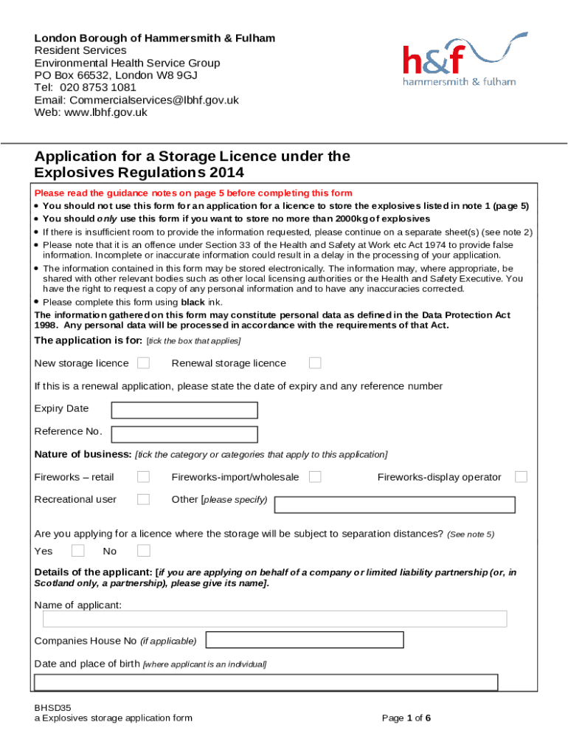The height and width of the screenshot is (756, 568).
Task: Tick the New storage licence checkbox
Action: [144, 362]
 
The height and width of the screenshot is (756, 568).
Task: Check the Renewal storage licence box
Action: [315, 362]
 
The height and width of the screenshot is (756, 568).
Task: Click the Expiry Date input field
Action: [184, 410]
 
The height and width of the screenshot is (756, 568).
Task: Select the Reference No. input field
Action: [184, 434]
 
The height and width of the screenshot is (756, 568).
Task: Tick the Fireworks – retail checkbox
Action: [144, 477]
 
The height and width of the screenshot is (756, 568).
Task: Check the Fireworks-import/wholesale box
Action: [315, 477]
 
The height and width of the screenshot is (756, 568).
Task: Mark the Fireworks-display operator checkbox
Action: [521, 477]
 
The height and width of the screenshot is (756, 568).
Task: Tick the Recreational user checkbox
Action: [144, 499]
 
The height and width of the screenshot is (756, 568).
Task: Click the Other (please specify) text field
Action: [395, 505]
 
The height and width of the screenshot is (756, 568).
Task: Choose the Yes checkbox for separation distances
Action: [78, 550]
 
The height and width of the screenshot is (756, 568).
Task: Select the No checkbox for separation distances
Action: [144, 550]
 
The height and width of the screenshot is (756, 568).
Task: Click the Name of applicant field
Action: [274, 619]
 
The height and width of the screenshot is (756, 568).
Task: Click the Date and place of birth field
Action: [266, 682]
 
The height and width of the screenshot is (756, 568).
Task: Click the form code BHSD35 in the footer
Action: [53, 707]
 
